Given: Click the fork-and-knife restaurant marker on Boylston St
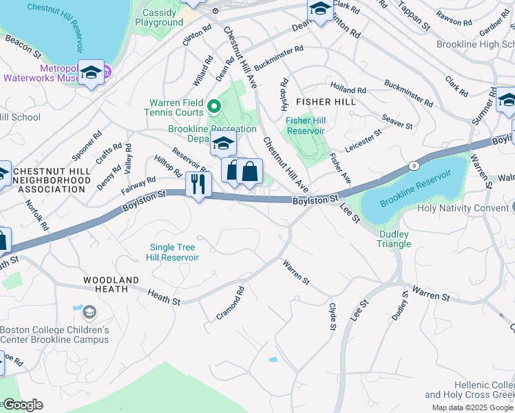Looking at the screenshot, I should pyautogui.click(x=198, y=184).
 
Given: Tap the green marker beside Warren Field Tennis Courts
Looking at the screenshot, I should pyautogui.click(x=213, y=107).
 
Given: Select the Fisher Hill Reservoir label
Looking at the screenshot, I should pyautogui.click(x=305, y=125).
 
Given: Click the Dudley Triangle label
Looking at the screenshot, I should pyautogui.click(x=394, y=239).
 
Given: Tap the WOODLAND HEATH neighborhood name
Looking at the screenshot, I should pyautogui.click(x=111, y=285).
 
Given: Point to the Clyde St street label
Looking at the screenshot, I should pyautogui.click(x=333, y=315).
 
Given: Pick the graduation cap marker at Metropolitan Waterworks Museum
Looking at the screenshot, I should pyautogui.click(x=91, y=73).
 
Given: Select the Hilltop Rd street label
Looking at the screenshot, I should pyautogui.click(x=168, y=165).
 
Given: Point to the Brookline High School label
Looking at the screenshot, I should pyautogui.click(x=475, y=44).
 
